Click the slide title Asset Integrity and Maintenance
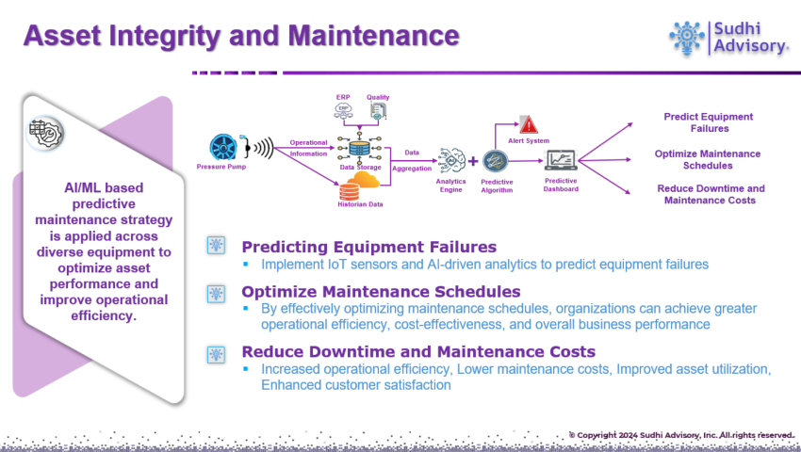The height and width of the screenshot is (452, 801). [x=241, y=37]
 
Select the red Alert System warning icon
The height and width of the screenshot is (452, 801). [x=529, y=124]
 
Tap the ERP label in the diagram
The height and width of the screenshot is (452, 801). [x=342, y=97]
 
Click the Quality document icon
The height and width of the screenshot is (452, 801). [x=378, y=112]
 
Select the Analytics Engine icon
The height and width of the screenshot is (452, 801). [x=450, y=159]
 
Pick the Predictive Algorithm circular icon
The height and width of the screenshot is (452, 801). [x=496, y=161]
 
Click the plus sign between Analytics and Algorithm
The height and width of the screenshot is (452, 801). [x=473, y=161]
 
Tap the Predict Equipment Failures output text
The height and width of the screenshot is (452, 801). [x=708, y=122]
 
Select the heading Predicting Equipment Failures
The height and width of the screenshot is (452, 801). [x=356, y=247]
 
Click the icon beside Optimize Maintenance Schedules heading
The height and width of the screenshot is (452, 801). [x=217, y=293]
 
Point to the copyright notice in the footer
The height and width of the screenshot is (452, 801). [x=680, y=434]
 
